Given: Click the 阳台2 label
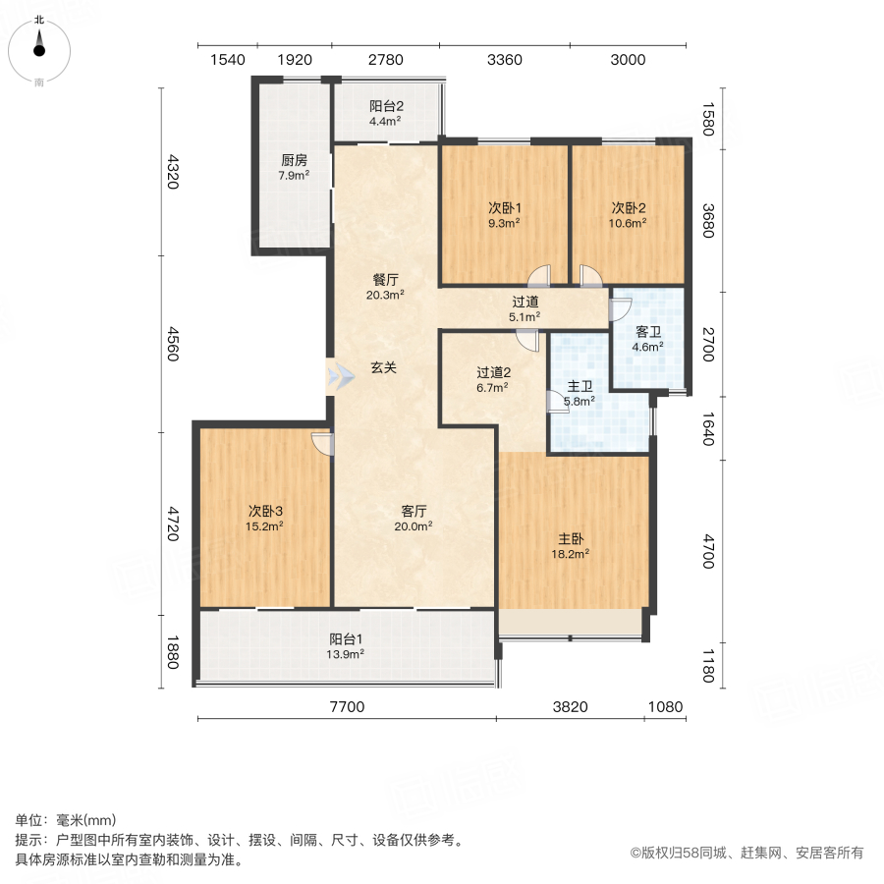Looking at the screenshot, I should (x=387, y=107).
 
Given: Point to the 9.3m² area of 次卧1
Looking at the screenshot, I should (x=505, y=223).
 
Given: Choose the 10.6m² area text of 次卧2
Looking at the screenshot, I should (x=629, y=223).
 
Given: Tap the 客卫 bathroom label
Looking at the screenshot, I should (x=647, y=331).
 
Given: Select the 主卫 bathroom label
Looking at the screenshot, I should (x=580, y=386).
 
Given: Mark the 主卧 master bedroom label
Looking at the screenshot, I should (x=574, y=539).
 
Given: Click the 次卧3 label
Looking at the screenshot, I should (x=265, y=511).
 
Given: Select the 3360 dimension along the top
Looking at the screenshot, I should (x=504, y=60).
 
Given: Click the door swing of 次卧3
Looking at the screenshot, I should (x=320, y=444).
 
